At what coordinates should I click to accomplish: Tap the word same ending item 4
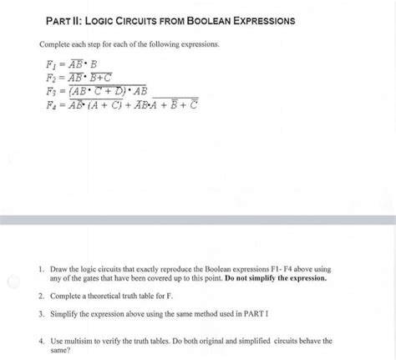[x=62, y=351]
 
